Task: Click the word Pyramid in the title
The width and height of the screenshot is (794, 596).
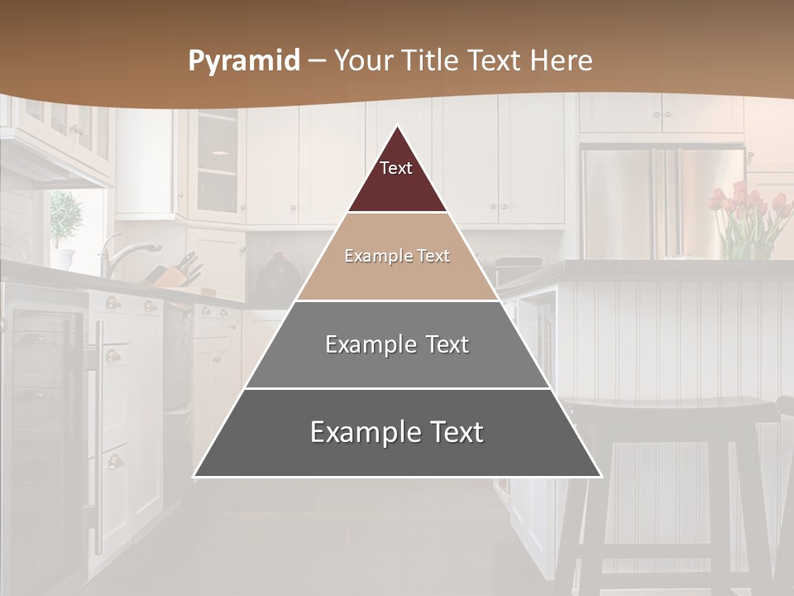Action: click(243, 61)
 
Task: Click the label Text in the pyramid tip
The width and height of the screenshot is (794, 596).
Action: click(395, 168)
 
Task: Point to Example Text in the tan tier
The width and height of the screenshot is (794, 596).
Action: click(397, 256)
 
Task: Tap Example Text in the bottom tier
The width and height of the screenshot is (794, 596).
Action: click(397, 432)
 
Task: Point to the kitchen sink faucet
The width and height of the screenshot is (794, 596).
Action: click(124, 252)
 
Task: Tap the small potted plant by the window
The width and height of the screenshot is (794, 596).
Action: click(66, 219)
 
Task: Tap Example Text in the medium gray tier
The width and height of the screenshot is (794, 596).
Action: click(397, 344)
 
